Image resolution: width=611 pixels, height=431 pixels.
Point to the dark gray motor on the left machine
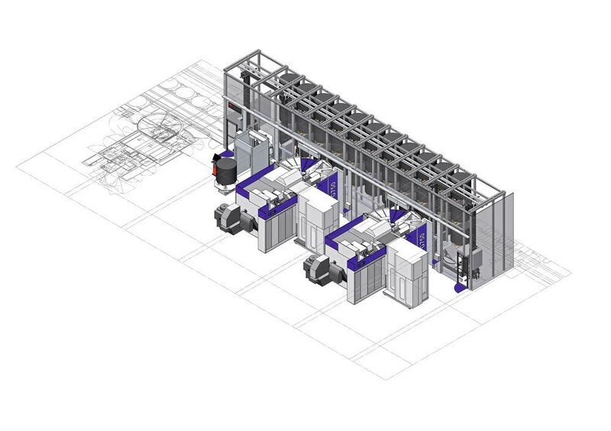pyautogui.click(x=228, y=217)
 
